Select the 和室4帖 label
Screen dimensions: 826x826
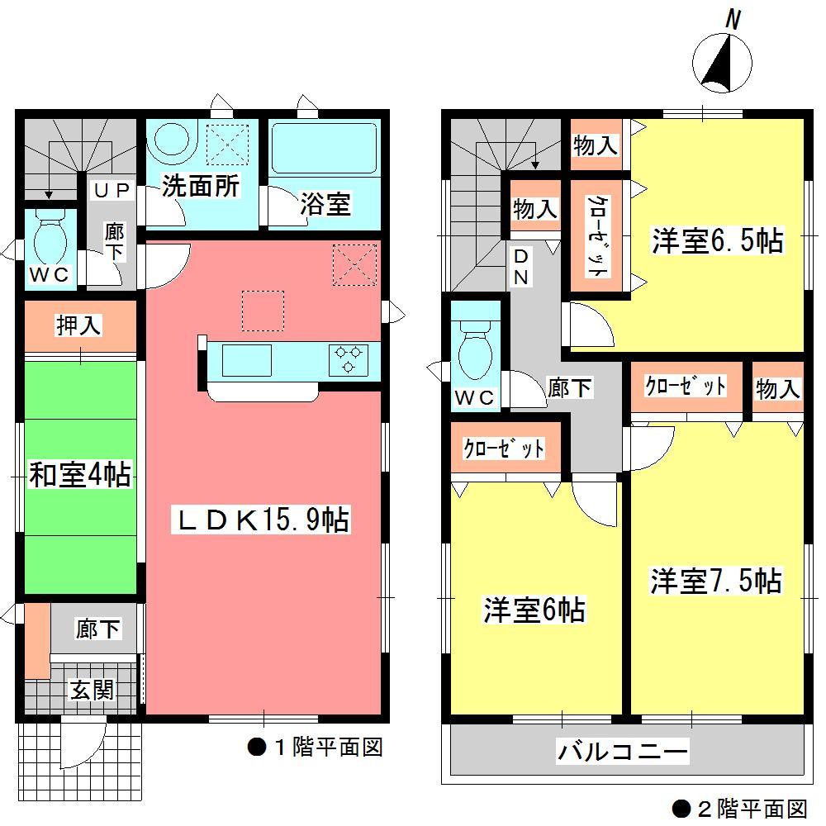tap(79, 475)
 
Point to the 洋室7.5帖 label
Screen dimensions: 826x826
tap(715, 582)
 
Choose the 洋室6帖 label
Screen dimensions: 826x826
tap(534, 610)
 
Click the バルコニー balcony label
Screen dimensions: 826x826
tap(623, 752)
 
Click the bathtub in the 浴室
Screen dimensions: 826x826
tap(324, 149)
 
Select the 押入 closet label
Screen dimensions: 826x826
tap(78, 326)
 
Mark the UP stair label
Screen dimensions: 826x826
tap(111, 189)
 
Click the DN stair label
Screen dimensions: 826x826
tap(522, 267)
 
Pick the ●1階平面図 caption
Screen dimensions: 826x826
tap(315, 748)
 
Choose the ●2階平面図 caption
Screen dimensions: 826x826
tap(738, 807)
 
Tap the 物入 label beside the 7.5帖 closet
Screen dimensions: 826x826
tap(778, 389)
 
